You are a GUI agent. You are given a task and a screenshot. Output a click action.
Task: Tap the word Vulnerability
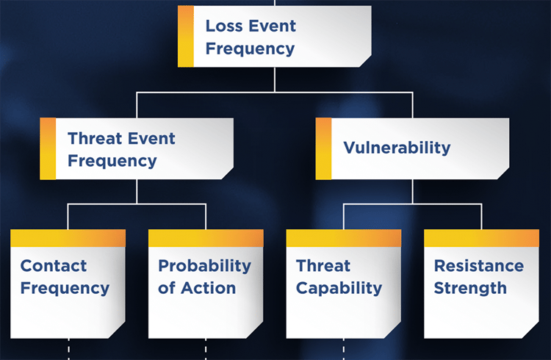tap(397, 147)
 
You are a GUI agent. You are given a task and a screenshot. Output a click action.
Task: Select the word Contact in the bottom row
tap(54, 266)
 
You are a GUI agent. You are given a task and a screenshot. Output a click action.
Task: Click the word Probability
tap(204, 266)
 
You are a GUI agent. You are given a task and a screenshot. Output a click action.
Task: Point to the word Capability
tap(339, 288)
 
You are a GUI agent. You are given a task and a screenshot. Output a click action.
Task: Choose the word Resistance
tap(479, 266)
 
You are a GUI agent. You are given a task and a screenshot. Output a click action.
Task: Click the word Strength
tap(470, 288)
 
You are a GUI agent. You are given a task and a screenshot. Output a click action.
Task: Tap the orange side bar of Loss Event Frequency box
tap(186, 37)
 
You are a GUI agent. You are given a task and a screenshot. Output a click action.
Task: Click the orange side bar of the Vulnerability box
tap(323, 148)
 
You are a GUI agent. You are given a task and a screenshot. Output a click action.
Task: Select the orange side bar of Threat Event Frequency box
tap(48, 148)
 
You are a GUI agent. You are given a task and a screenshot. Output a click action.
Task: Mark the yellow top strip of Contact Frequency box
tap(68, 238)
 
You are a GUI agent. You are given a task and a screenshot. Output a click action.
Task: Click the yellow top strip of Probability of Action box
tap(206, 238)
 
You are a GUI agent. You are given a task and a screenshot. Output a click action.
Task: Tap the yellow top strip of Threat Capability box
tap(343, 238)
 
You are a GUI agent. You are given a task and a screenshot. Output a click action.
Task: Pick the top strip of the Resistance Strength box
tap(481, 238)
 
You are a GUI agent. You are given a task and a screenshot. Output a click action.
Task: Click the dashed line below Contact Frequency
tap(68, 349)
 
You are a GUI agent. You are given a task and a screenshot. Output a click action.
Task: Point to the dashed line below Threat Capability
tap(343, 349)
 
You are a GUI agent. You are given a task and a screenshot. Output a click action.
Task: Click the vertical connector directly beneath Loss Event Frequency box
tap(275, 79)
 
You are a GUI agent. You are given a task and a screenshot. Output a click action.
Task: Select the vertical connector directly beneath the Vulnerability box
tap(412, 191)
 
